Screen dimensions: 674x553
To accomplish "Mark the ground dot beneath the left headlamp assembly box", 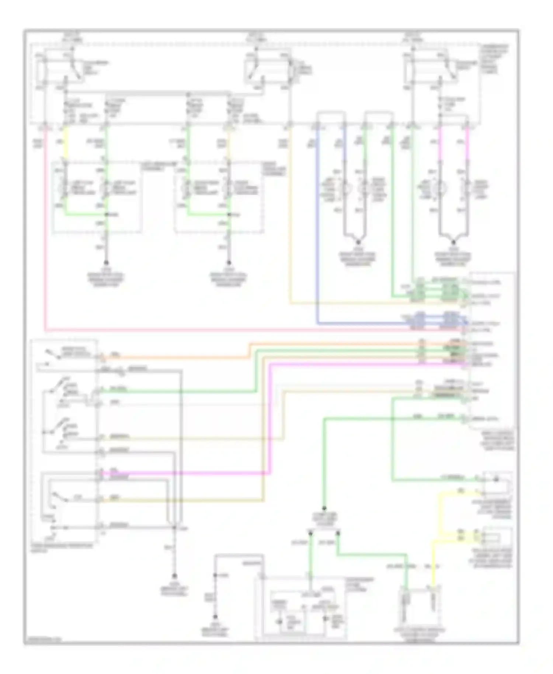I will [x=107, y=263].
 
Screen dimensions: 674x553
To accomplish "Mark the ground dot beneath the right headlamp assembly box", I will [x=229, y=263].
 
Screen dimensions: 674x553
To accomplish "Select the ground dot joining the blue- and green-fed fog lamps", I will [x=358, y=242].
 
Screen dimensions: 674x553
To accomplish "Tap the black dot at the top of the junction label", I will [x=324, y=508].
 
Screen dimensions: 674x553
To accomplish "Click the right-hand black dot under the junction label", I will [x=337, y=532].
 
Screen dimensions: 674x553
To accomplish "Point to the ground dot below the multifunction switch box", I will [x=175, y=576].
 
